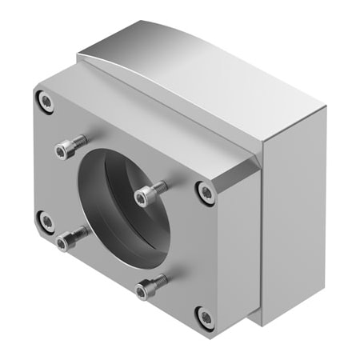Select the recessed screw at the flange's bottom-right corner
click(205, 318)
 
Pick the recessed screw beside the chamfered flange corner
click(207, 192)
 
